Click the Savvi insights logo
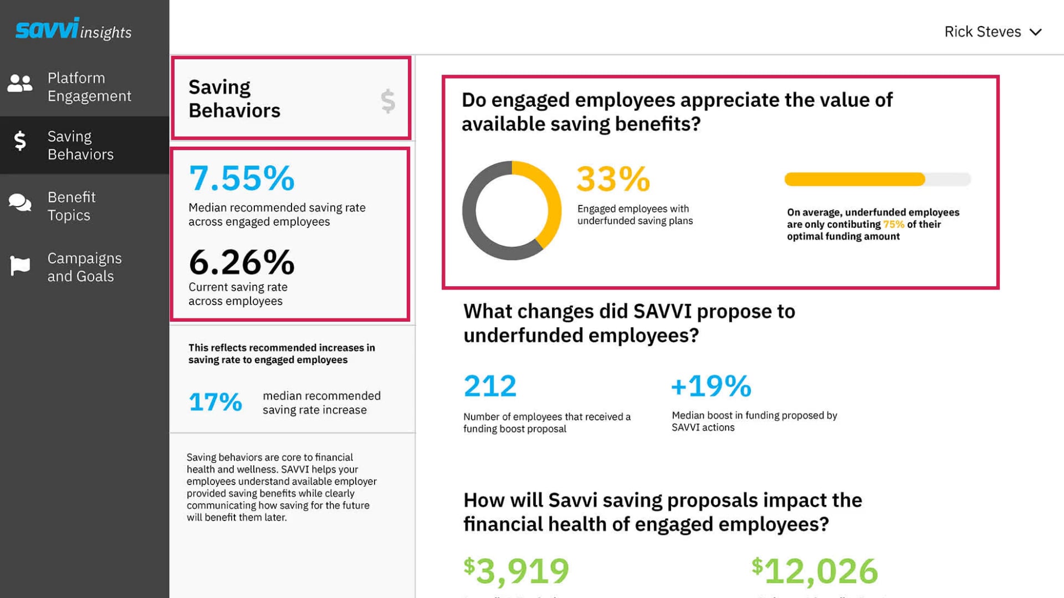73,29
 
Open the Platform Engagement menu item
89,87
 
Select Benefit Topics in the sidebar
71,206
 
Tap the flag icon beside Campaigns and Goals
20,266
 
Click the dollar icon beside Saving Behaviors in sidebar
20,141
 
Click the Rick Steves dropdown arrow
1035,32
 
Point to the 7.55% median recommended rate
242,178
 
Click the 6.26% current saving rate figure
242,262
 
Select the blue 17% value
215,402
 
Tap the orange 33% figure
613,179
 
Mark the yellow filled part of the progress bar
854,179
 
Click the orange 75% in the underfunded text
893,224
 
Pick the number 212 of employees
490,386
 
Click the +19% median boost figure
711,386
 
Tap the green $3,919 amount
516,571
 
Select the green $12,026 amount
815,571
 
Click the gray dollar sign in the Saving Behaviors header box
388,101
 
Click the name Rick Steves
982,32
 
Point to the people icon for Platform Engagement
20,84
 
